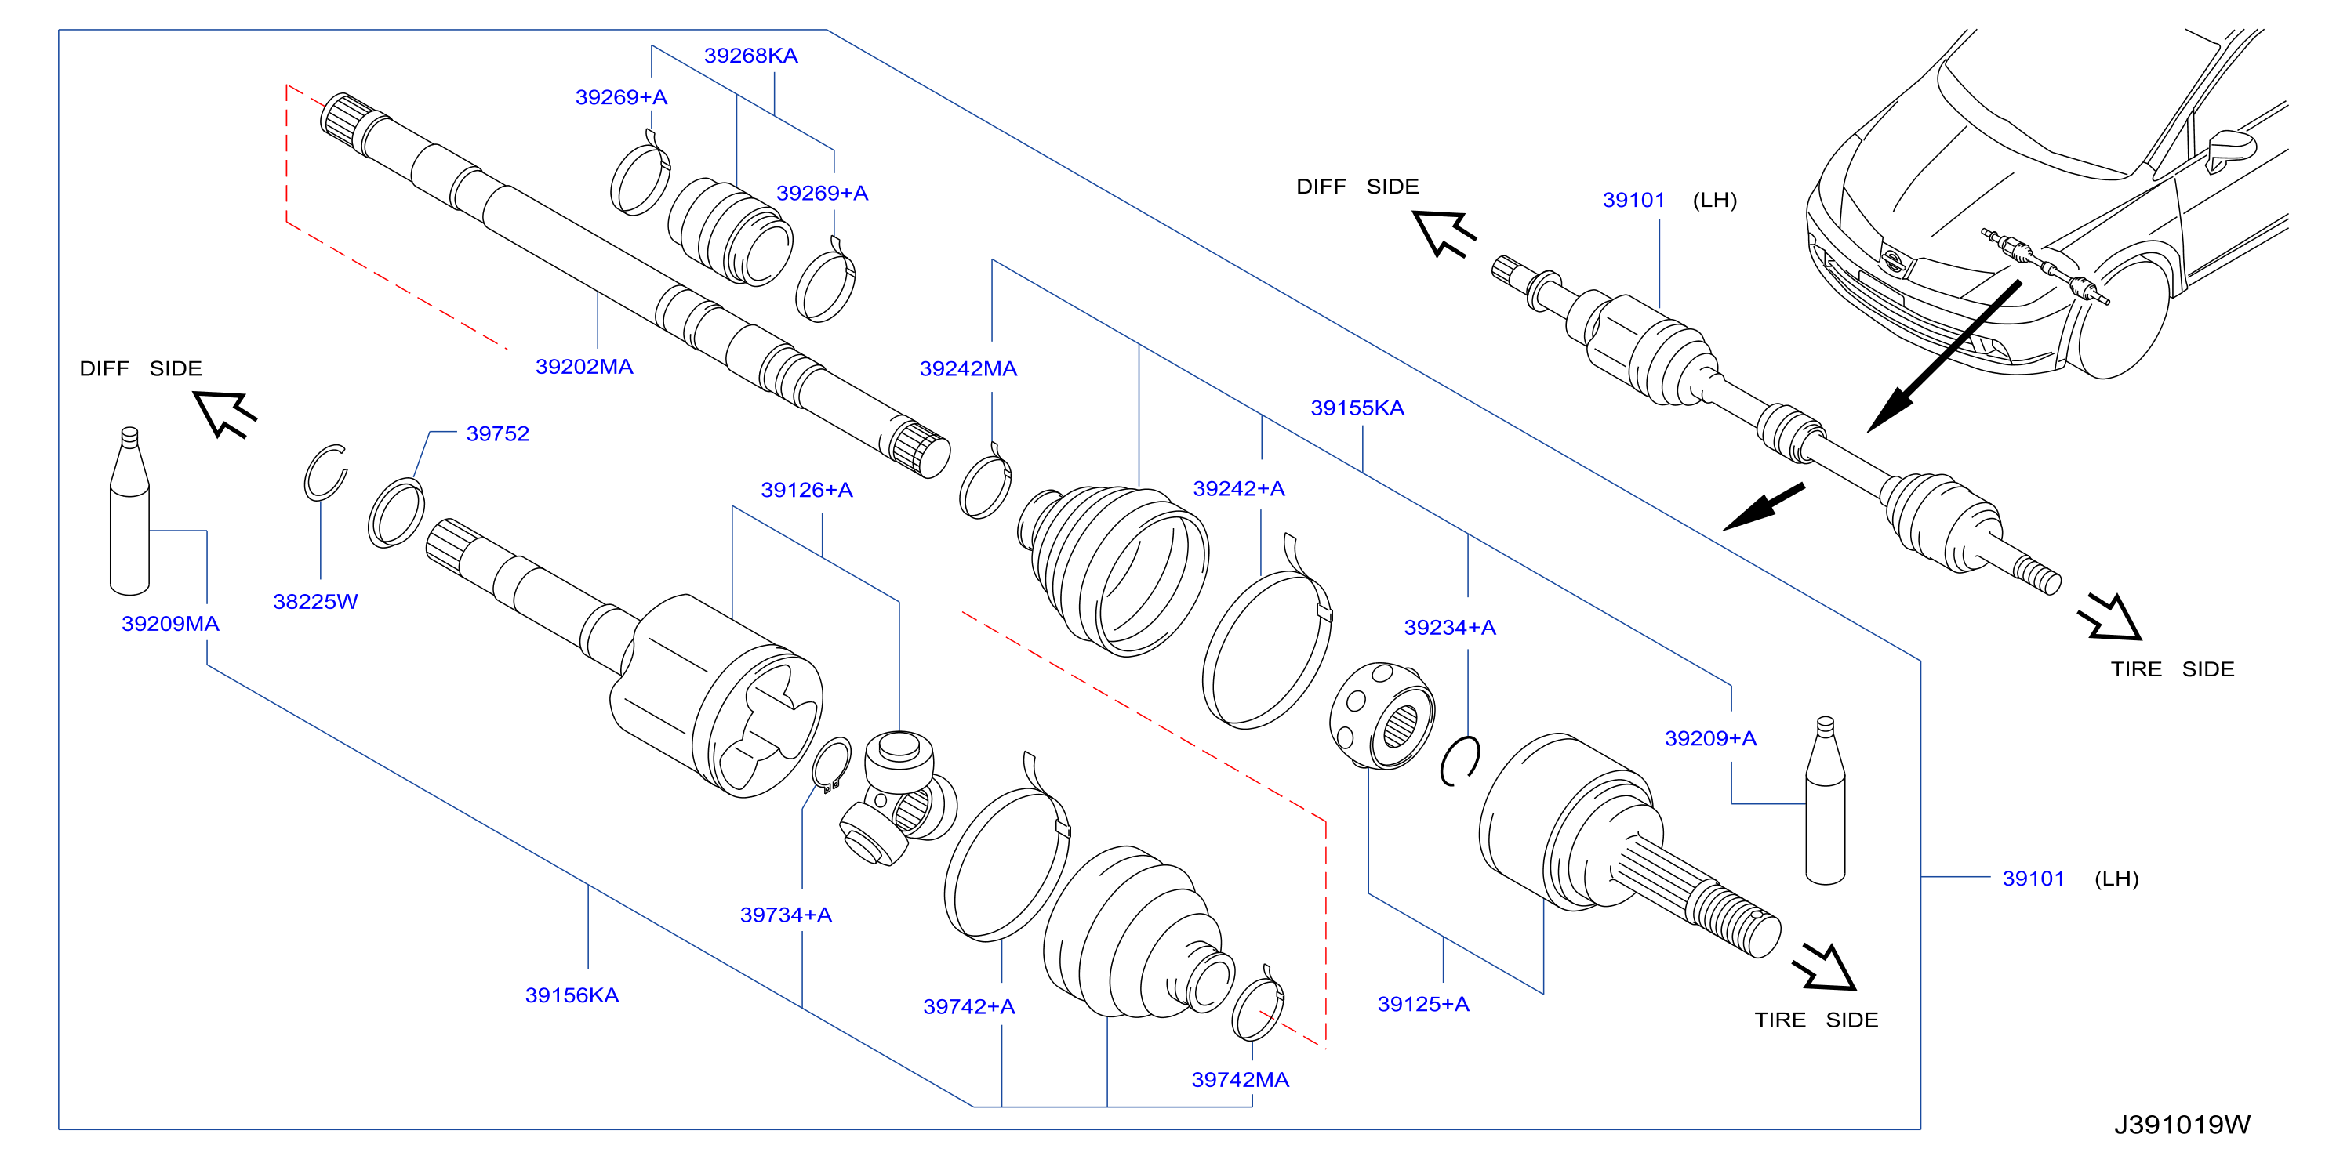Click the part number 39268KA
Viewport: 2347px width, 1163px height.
[x=750, y=56]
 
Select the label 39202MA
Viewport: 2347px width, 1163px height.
[x=584, y=366]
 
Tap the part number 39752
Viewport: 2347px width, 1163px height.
[x=497, y=433]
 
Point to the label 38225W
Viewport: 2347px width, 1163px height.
[x=315, y=601]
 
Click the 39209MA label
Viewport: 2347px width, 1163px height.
[x=170, y=624]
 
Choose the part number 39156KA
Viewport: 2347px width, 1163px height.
[x=572, y=995]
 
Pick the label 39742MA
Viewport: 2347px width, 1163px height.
[x=1240, y=1080]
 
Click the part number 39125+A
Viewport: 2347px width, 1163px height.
[x=1423, y=1004]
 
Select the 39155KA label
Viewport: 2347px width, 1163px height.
[x=1357, y=408]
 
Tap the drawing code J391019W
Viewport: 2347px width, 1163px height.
[x=2182, y=1125]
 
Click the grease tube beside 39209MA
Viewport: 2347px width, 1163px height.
[x=129, y=511]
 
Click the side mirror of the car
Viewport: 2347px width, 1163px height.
[x=2230, y=148]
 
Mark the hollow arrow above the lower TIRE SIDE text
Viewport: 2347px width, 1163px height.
[x=1824, y=968]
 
